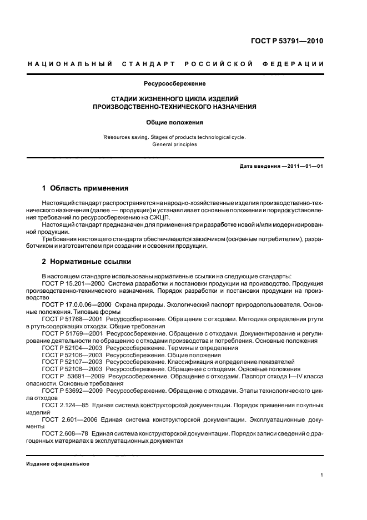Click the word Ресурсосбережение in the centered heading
point(175,84)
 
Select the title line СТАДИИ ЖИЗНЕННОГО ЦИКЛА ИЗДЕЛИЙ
point(175,98)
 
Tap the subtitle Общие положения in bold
point(175,122)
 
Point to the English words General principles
point(175,144)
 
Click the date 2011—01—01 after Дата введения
point(303,166)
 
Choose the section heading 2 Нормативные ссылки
point(87,261)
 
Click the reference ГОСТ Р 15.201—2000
point(73,283)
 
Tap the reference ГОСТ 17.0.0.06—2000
point(77,304)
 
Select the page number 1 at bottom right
point(322,475)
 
